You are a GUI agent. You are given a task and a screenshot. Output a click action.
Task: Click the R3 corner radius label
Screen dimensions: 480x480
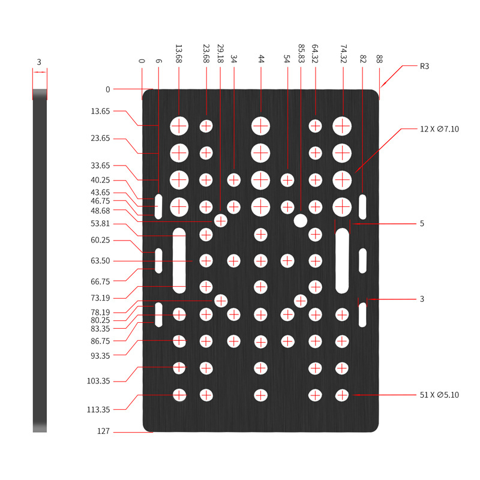[424, 67]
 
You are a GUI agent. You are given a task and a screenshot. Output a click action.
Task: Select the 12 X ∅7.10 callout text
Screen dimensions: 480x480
[439, 129]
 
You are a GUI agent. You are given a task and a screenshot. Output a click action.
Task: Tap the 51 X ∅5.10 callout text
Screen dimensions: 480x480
[439, 395]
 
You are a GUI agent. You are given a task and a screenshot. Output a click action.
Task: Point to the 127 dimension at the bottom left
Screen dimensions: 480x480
[103, 431]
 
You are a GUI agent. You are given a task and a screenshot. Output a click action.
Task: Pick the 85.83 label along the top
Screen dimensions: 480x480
[301, 53]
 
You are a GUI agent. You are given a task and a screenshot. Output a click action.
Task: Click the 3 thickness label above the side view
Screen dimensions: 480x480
[39, 62]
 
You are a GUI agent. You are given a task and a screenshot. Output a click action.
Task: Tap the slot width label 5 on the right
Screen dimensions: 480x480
[422, 223]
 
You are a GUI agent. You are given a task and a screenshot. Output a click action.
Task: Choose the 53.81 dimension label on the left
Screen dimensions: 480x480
[100, 223]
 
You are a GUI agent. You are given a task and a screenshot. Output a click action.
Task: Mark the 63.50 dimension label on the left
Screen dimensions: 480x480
[100, 261]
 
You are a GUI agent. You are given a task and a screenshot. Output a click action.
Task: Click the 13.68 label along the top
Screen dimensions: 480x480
[178, 53]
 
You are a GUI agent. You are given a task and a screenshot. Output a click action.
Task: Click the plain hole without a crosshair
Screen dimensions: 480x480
[301, 221]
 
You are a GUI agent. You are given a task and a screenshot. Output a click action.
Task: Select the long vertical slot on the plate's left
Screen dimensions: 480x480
[179, 260]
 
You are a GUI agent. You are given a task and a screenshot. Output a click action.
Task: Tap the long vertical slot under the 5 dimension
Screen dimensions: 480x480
[342, 260]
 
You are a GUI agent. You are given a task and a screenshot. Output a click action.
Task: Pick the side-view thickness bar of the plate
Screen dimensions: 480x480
[40, 260]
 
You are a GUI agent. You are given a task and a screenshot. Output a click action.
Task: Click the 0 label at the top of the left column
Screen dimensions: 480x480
[108, 89]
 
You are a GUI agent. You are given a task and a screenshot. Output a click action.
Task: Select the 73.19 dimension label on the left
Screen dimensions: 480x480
[100, 298]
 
